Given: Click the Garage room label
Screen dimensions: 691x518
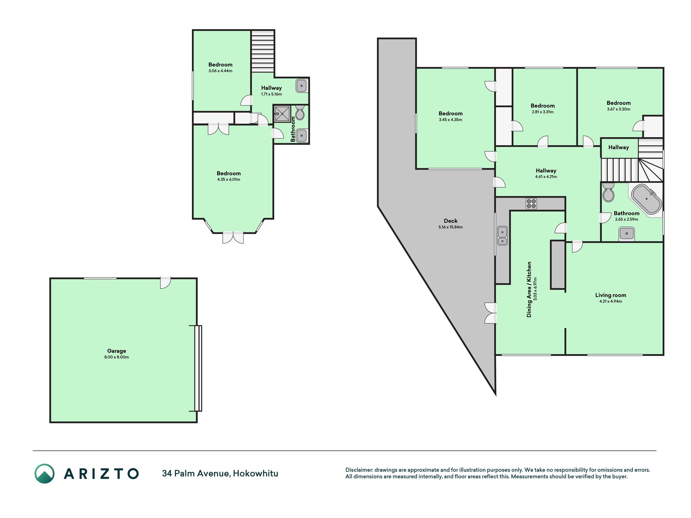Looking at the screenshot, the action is tap(117, 351).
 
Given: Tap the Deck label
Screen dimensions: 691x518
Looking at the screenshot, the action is tap(451, 221).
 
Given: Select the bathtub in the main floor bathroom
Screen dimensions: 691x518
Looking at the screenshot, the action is tap(646, 199).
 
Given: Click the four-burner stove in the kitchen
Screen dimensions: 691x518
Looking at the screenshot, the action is tap(531, 204).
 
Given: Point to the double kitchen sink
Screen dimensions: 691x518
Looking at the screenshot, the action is tap(502, 236).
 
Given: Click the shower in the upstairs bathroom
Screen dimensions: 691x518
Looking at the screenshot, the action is tap(282, 114).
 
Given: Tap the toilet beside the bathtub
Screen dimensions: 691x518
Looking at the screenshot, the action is tap(608, 192).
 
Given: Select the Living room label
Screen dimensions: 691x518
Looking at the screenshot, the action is tap(610, 295).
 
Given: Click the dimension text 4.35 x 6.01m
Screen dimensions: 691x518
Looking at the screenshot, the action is tap(228, 180).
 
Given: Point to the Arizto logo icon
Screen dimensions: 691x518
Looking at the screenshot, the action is tap(45, 473).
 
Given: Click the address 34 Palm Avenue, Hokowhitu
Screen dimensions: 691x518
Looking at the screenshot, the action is tap(220, 473).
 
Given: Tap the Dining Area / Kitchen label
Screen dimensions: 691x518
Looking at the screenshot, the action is tap(529, 289).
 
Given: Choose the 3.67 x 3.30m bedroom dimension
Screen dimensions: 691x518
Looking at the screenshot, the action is tap(619, 109).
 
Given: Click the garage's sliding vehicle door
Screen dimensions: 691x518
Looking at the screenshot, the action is tap(198, 368).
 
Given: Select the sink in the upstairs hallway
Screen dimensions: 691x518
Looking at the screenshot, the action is tap(302, 86).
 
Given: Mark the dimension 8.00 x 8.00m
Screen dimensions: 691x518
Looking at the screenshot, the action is tap(117, 357).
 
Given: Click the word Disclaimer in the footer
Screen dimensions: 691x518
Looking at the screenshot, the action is tap(359, 470).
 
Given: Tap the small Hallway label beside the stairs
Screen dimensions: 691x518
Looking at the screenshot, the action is tap(619, 147).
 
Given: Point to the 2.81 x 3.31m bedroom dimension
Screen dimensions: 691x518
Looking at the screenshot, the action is tap(542, 112).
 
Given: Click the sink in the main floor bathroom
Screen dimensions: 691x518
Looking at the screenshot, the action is tap(626, 234).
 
